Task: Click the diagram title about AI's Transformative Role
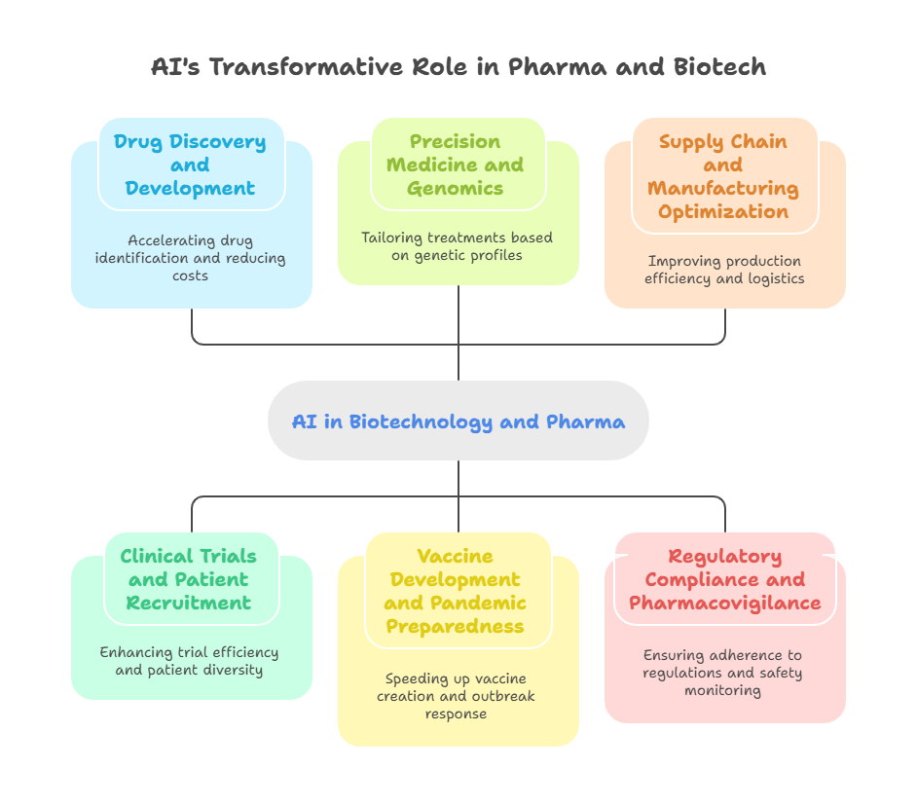click(x=458, y=67)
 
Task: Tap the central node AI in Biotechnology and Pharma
click(x=458, y=421)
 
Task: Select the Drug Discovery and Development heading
click(x=190, y=165)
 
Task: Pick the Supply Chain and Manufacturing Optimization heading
click(x=723, y=176)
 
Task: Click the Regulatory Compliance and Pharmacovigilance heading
click(x=725, y=579)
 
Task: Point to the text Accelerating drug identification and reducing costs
click(x=190, y=258)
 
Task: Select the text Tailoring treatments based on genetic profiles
click(x=457, y=246)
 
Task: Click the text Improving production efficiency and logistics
click(x=724, y=270)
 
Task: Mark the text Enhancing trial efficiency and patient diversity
click(x=190, y=661)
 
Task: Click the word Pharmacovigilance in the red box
click(x=725, y=603)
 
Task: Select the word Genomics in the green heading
click(x=456, y=188)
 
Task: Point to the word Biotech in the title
click(x=718, y=67)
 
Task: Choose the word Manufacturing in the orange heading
click(x=723, y=188)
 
